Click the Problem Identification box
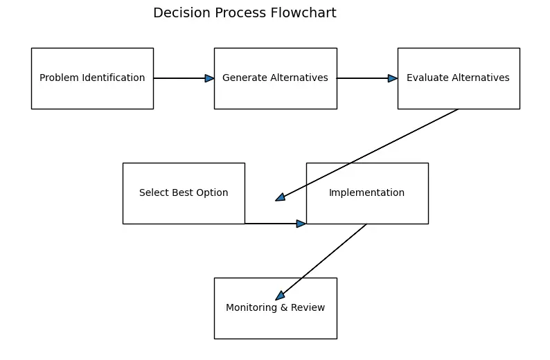pyautogui.click(x=92, y=78)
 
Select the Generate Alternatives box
pyautogui.click(x=275, y=78)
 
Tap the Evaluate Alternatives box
pyautogui.click(x=458, y=78)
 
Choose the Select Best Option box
pyautogui.click(x=184, y=193)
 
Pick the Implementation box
pyautogui.click(x=366, y=193)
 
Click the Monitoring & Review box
pyautogui.click(x=275, y=308)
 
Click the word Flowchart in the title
pyautogui.click(x=305, y=13)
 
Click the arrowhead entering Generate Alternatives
pyautogui.click(x=209, y=78)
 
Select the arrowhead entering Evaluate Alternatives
pyautogui.click(x=393, y=78)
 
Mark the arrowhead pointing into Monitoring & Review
pyautogui.click(x=280, y=296)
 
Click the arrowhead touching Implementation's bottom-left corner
pyautogui.click(x=301, y=224)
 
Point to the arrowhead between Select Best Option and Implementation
pyautogui.click(x=280, y=197)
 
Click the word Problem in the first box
pyautogui.click(x=57, y=78)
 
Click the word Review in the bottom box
pyautogui.click(x=309, y=308)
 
